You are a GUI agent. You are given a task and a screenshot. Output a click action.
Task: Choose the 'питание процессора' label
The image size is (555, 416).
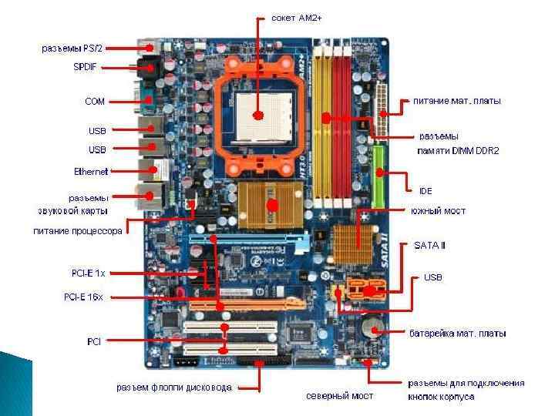tap(77, 230)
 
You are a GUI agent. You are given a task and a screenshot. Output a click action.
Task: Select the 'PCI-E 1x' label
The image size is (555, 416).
tap(89, 272)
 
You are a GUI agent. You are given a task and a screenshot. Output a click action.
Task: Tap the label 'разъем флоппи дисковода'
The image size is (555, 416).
tap(173, 387)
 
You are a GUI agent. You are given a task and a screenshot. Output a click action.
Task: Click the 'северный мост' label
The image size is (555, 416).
tap(339, 396)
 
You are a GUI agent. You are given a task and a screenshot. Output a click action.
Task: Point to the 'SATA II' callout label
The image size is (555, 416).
tap(429, 246)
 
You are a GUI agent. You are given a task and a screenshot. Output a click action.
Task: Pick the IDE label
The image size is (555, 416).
tap(425, 190)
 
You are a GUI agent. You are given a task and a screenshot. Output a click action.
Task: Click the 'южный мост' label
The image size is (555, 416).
tap(437, 210)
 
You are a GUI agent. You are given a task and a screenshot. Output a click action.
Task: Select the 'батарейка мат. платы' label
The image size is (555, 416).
tap(457, 334)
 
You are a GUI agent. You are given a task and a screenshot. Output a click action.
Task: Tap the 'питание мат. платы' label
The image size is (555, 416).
tap(456, 101)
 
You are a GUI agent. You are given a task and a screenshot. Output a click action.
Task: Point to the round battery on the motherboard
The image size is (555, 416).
tap(373, 327)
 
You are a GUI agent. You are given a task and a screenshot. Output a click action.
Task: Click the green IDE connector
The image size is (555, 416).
tap(378, 176)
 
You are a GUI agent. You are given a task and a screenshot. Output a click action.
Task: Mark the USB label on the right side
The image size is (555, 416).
tap(433, 277)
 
